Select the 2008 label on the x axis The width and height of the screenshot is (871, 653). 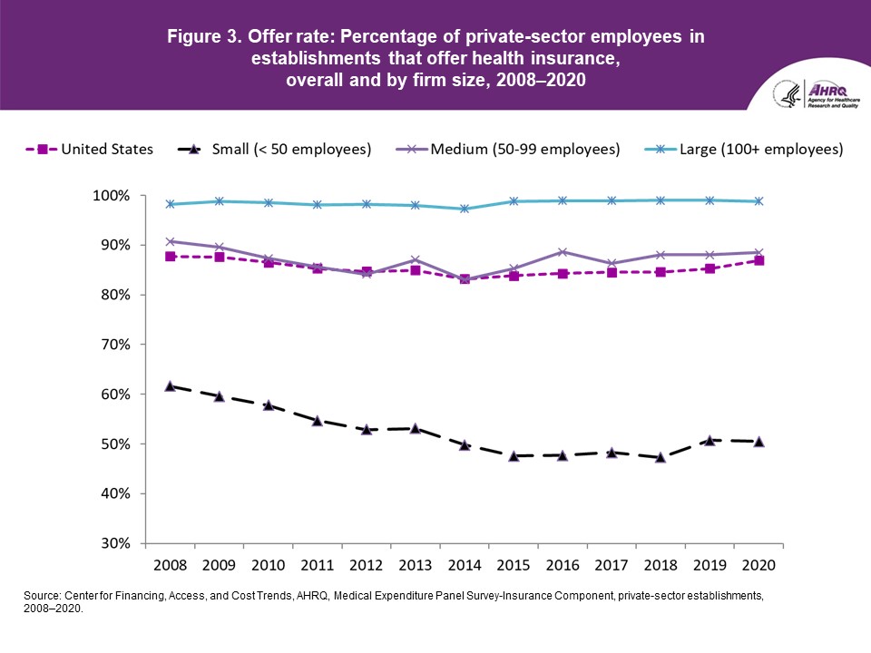[170, 564]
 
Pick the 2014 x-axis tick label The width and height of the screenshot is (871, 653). [465, 564]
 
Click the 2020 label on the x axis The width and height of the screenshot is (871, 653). [758, 564]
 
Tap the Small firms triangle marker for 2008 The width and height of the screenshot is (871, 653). [170, 385]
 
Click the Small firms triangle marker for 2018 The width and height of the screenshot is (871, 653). [661, 457]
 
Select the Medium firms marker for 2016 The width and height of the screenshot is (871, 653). [563, 252]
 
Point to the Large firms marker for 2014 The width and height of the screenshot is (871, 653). [465, 209]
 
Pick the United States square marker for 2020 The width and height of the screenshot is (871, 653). [758, 260]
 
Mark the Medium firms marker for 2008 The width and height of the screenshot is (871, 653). [170, 241]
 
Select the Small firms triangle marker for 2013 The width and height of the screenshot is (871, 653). [416, 428]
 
